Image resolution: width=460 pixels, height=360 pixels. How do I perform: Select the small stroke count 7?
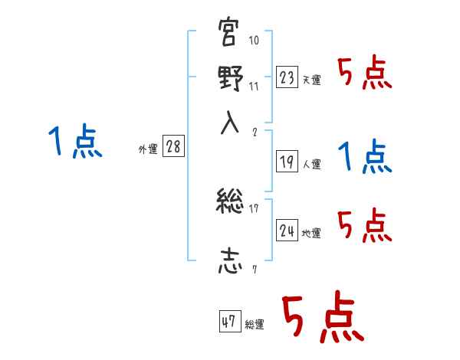point(255,269)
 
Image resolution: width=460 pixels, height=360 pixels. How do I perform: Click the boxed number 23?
point(287,77)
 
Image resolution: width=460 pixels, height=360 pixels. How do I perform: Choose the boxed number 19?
point(287,162)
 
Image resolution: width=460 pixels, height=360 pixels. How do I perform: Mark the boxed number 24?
point(287,231)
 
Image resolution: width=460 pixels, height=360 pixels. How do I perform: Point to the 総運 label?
point(255,325)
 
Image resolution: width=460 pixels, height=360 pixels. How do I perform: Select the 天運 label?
point(311,80)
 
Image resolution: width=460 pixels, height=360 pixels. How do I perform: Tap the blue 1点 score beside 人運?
point(365,158)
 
